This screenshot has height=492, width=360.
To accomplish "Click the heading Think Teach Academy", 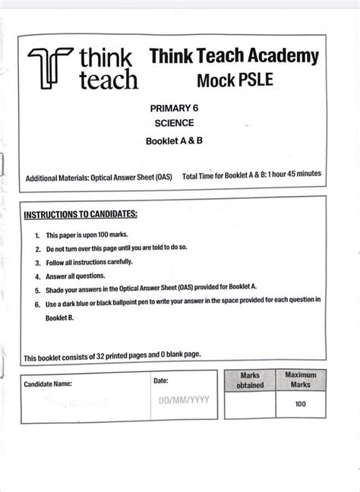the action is coord(234,55).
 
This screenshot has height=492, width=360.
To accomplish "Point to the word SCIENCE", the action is coord(175,123).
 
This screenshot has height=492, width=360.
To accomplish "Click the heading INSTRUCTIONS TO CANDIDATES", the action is coord(81,214).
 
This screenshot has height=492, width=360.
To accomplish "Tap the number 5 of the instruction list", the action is coord(37,290).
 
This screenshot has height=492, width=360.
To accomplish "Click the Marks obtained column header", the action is coord(250,380).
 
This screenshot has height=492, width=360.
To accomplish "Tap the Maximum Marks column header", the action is coord(301,380).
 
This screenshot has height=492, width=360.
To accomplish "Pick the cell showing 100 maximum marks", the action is coord(301,404).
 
